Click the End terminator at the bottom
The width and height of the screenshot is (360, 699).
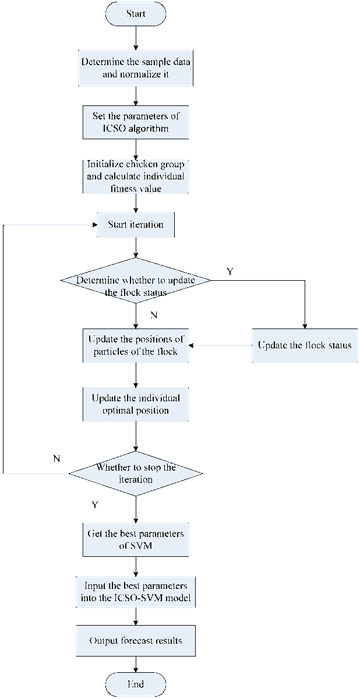[136, 684]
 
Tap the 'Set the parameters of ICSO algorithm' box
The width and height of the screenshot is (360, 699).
[136, 122]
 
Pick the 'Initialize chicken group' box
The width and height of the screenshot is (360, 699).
[136, 175]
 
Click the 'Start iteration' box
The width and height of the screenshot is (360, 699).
[136, 225]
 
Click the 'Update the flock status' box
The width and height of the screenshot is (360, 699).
[305, 345]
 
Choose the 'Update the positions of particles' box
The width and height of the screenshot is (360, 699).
[136, 345]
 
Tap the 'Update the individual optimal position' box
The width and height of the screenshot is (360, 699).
[136, 404]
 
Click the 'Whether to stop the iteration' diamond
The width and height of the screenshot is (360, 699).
[136, 474]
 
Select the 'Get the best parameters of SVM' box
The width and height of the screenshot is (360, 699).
[136, 541]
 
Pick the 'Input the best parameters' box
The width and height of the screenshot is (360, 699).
[136, 591]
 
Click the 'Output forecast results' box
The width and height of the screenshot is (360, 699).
[136, 641]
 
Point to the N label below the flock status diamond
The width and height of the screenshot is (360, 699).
[154, 315]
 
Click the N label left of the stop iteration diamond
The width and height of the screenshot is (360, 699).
[57, 458]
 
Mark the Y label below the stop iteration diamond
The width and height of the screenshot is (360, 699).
[94, 504]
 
